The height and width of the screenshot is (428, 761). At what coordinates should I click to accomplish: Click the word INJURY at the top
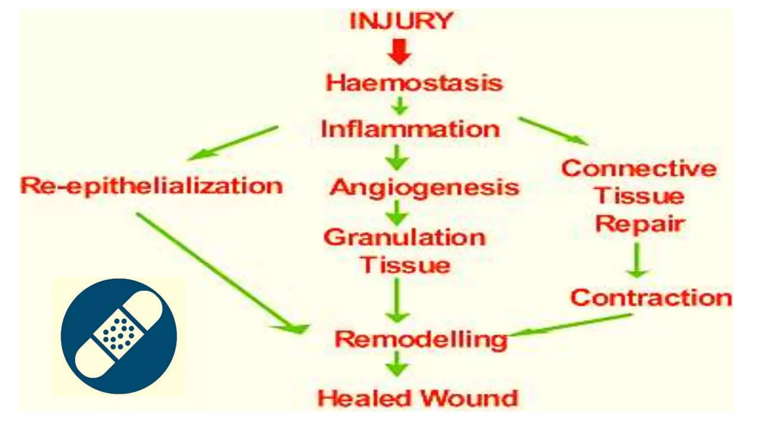(401, 21)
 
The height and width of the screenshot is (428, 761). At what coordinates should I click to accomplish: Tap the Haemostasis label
(414, 83)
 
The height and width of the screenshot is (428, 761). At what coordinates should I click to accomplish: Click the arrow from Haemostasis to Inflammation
(400, 106)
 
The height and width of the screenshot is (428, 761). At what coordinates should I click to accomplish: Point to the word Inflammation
(410, 129)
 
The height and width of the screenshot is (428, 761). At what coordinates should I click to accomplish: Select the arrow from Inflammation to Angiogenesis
(397, 158)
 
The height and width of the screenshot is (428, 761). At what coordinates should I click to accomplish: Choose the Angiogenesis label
(424, 188)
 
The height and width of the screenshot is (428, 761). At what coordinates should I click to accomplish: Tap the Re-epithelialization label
(152, 186)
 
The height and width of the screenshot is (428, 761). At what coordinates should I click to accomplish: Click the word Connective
(639, 169)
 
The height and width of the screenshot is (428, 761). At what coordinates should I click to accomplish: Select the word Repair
(640, 224)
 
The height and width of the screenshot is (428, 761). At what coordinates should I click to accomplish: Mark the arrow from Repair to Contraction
(637, 260)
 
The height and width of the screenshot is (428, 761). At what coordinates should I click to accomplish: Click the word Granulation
(405, 237)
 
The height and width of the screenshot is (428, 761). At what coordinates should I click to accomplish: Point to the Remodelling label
(421, 339)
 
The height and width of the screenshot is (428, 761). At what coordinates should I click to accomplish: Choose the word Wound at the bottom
(469, 399)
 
